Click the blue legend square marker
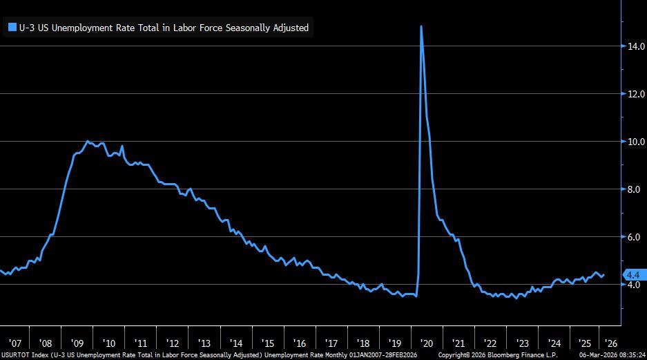click(x=12, y=28)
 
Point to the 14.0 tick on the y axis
click(x=636, y=46)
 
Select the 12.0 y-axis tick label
click(x=636, y=94)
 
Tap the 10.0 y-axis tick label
click(x=636, y=142)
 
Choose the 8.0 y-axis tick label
click(x=636, y=189)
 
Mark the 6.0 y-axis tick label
click(x=636, y=237)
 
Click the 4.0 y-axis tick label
click(x=636, y=285)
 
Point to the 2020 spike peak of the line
click(x=421, y=26)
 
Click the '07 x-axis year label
click(x=15, y=343)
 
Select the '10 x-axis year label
click(x=109, y=343)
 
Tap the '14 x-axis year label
click(x=236, y=343)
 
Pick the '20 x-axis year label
click(x=426, y=343)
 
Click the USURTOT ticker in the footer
click(x=15, y=355)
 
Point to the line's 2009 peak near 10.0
click(x=87, y=142)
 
